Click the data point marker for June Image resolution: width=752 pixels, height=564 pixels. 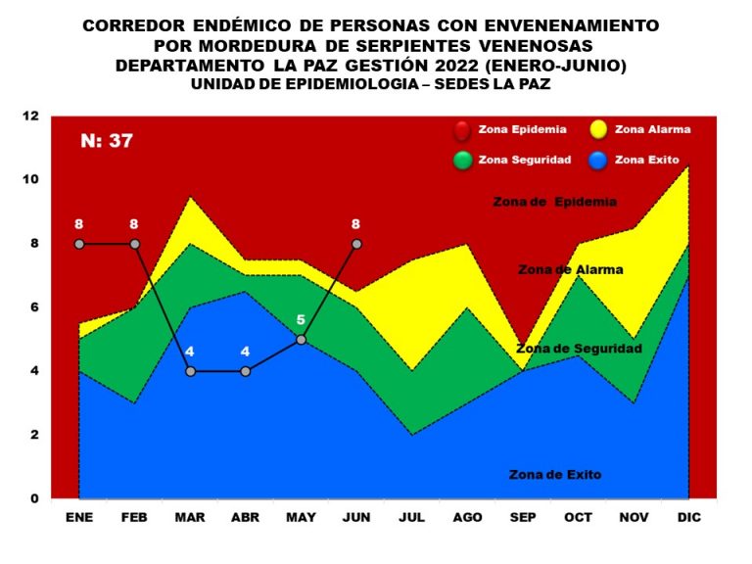(x=356, y=244)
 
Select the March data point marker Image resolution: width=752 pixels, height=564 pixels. (x=190, y=371)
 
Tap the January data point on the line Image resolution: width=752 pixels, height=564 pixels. (x=78, y=244)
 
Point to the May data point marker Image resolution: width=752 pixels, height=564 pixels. (x=301, y=340)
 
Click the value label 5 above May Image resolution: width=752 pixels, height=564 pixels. (x=301, y=319)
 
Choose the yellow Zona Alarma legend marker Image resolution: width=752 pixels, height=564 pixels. (x=598, y=129)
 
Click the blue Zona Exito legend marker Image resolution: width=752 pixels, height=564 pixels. (x=598, y=160)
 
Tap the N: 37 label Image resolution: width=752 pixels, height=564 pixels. (x=107, y=141)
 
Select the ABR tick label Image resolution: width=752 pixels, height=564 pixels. (x=245, y=516)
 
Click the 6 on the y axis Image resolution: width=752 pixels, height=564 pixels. (x=34, y=307)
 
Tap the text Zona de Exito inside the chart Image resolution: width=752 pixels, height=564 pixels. (x=555, y=475)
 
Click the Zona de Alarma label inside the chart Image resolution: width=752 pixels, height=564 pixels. (x=570, y=269)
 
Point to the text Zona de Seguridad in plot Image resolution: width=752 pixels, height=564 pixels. (x=579, y=348)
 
